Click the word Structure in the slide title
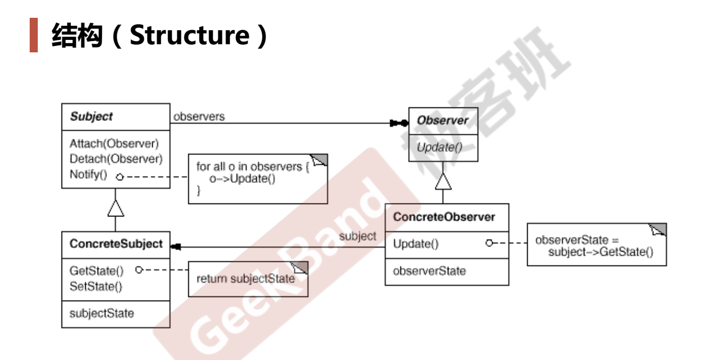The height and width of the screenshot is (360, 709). [190, 35]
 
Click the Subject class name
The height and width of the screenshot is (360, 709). [91, 117]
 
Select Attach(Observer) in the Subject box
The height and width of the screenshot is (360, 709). [114, 144]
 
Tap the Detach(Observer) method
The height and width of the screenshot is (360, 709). [116, 159]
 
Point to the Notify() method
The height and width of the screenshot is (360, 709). [88, 174]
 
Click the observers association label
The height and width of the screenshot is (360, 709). [199, 117]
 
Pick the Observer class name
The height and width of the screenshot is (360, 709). [442, 120]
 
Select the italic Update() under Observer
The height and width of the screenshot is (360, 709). [439, 146]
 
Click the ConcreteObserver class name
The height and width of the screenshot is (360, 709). [444, 217]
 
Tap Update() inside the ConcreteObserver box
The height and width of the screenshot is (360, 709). [415, 244]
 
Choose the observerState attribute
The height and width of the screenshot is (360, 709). [430, 270]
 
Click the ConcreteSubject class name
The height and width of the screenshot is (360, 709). [116, 244]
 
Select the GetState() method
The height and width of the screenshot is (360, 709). [97, 271]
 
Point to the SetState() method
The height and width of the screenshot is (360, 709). [96, 286]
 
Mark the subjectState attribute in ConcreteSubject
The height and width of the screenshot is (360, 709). [102, 313]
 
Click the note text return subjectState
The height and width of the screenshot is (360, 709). [246, 279]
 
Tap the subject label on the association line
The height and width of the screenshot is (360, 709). [358, 236]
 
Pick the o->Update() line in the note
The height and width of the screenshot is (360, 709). [243, 179]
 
